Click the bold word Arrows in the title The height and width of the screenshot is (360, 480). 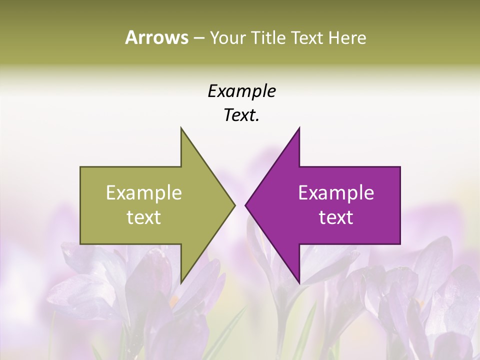coord(156,37)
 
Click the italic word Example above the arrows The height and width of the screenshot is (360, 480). coord(241,91)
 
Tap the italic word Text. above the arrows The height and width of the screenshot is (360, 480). coord(241,115)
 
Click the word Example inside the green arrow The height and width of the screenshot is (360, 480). coord(144,192)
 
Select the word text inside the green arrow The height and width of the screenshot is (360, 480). coord(144,217)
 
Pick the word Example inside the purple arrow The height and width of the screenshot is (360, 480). coord(336,192)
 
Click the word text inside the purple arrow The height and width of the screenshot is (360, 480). coord(336,217)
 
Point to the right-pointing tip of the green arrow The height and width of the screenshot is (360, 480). coord(235,205)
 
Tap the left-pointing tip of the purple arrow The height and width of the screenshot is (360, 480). coord(245,205)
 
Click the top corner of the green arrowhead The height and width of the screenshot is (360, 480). coord(181,127)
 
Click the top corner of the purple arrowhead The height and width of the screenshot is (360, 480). coord(299,127)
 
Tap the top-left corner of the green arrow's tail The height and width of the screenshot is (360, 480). coord(80,166)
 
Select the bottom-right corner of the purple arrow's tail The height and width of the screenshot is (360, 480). coord(400,244)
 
